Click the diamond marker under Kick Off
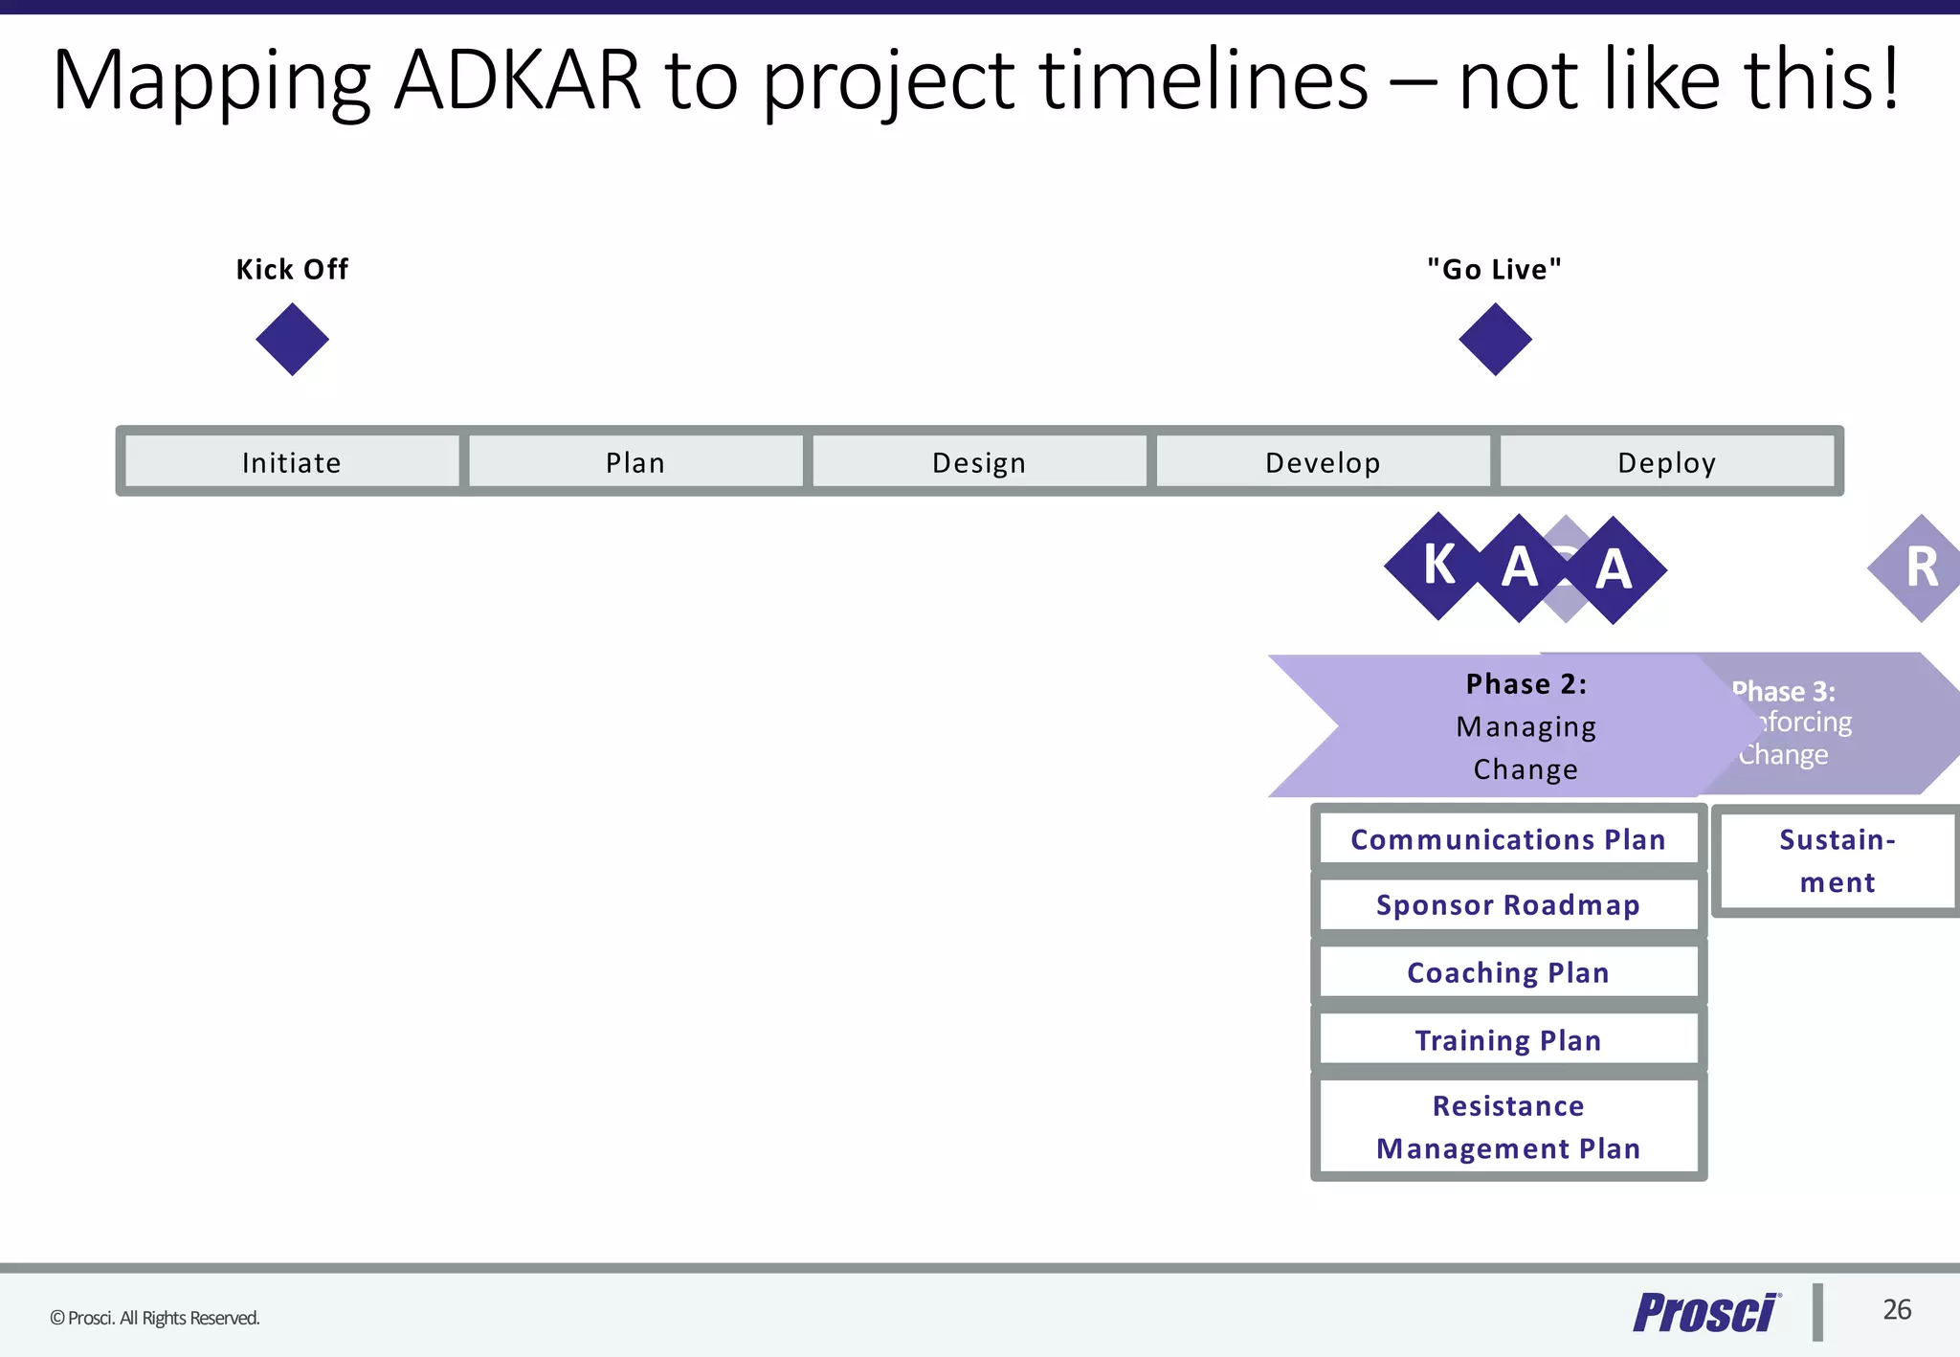click(292, 340)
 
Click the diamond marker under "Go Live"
click(1495, 340)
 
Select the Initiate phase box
click(292, 462)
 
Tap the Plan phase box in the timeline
click(635, 462)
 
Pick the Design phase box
click(979, 462)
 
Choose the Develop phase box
click(1323, 462)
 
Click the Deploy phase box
click(1666, 462)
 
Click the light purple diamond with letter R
click(1920, 567)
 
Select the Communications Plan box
click(1508, 839)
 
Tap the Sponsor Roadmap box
click(1508, 904)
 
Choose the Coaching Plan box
click(1508, 972)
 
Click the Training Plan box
click(1508, 1040)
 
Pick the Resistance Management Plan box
click(1508, 1126)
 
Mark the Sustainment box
click(1837, 860)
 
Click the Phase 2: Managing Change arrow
click(1526, 726)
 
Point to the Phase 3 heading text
click(1786, 691)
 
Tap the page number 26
click(1897, 1309)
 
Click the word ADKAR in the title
click(517, 80)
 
